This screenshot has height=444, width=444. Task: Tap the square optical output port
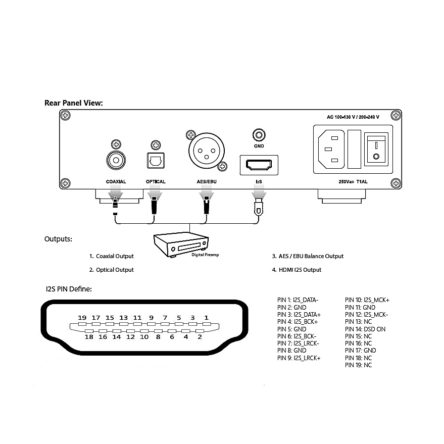click(x=155, y=161)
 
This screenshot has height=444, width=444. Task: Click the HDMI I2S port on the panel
click(x=259, y=165)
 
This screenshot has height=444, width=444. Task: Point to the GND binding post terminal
click(x=259, y=135)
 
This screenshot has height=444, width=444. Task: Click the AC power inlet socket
click(x=330, y=149)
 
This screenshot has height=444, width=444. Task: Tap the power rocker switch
click(x=375, y=149)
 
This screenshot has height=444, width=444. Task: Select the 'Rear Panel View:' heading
click(x=74, y=103)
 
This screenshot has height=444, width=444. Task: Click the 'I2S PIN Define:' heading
click(x=68, y=289)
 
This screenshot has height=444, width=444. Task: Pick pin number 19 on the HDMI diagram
click(x=82, y=318)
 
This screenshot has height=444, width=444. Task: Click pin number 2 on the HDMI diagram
click(x=200, y=336)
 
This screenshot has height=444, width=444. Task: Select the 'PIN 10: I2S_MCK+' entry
click(x=367, y=300)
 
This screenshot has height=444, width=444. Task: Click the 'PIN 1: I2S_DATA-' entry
click(x=298, y=300)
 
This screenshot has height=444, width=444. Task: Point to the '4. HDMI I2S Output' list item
click(x=297, y=270)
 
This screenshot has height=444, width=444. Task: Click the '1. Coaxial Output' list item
click(x=112, y=256)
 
